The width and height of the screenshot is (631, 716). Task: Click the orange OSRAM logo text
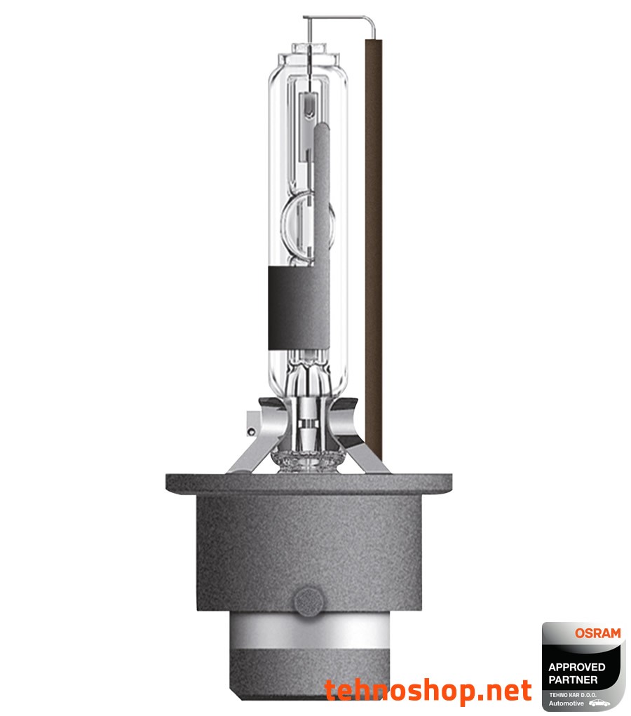[x=597, y=633]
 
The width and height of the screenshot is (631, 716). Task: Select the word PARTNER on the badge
[x=574, y=680]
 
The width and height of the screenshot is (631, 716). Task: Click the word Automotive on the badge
[x=566, y=703]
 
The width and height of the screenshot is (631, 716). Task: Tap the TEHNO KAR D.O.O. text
[x=571, y=694]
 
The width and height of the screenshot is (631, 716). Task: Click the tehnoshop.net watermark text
[x=428, y=690]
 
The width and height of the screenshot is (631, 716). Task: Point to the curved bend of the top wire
[x=369, y=21]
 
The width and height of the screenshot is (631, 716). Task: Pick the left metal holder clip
[x=252, y=438]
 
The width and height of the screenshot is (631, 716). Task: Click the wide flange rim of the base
[x=308, y=482]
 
